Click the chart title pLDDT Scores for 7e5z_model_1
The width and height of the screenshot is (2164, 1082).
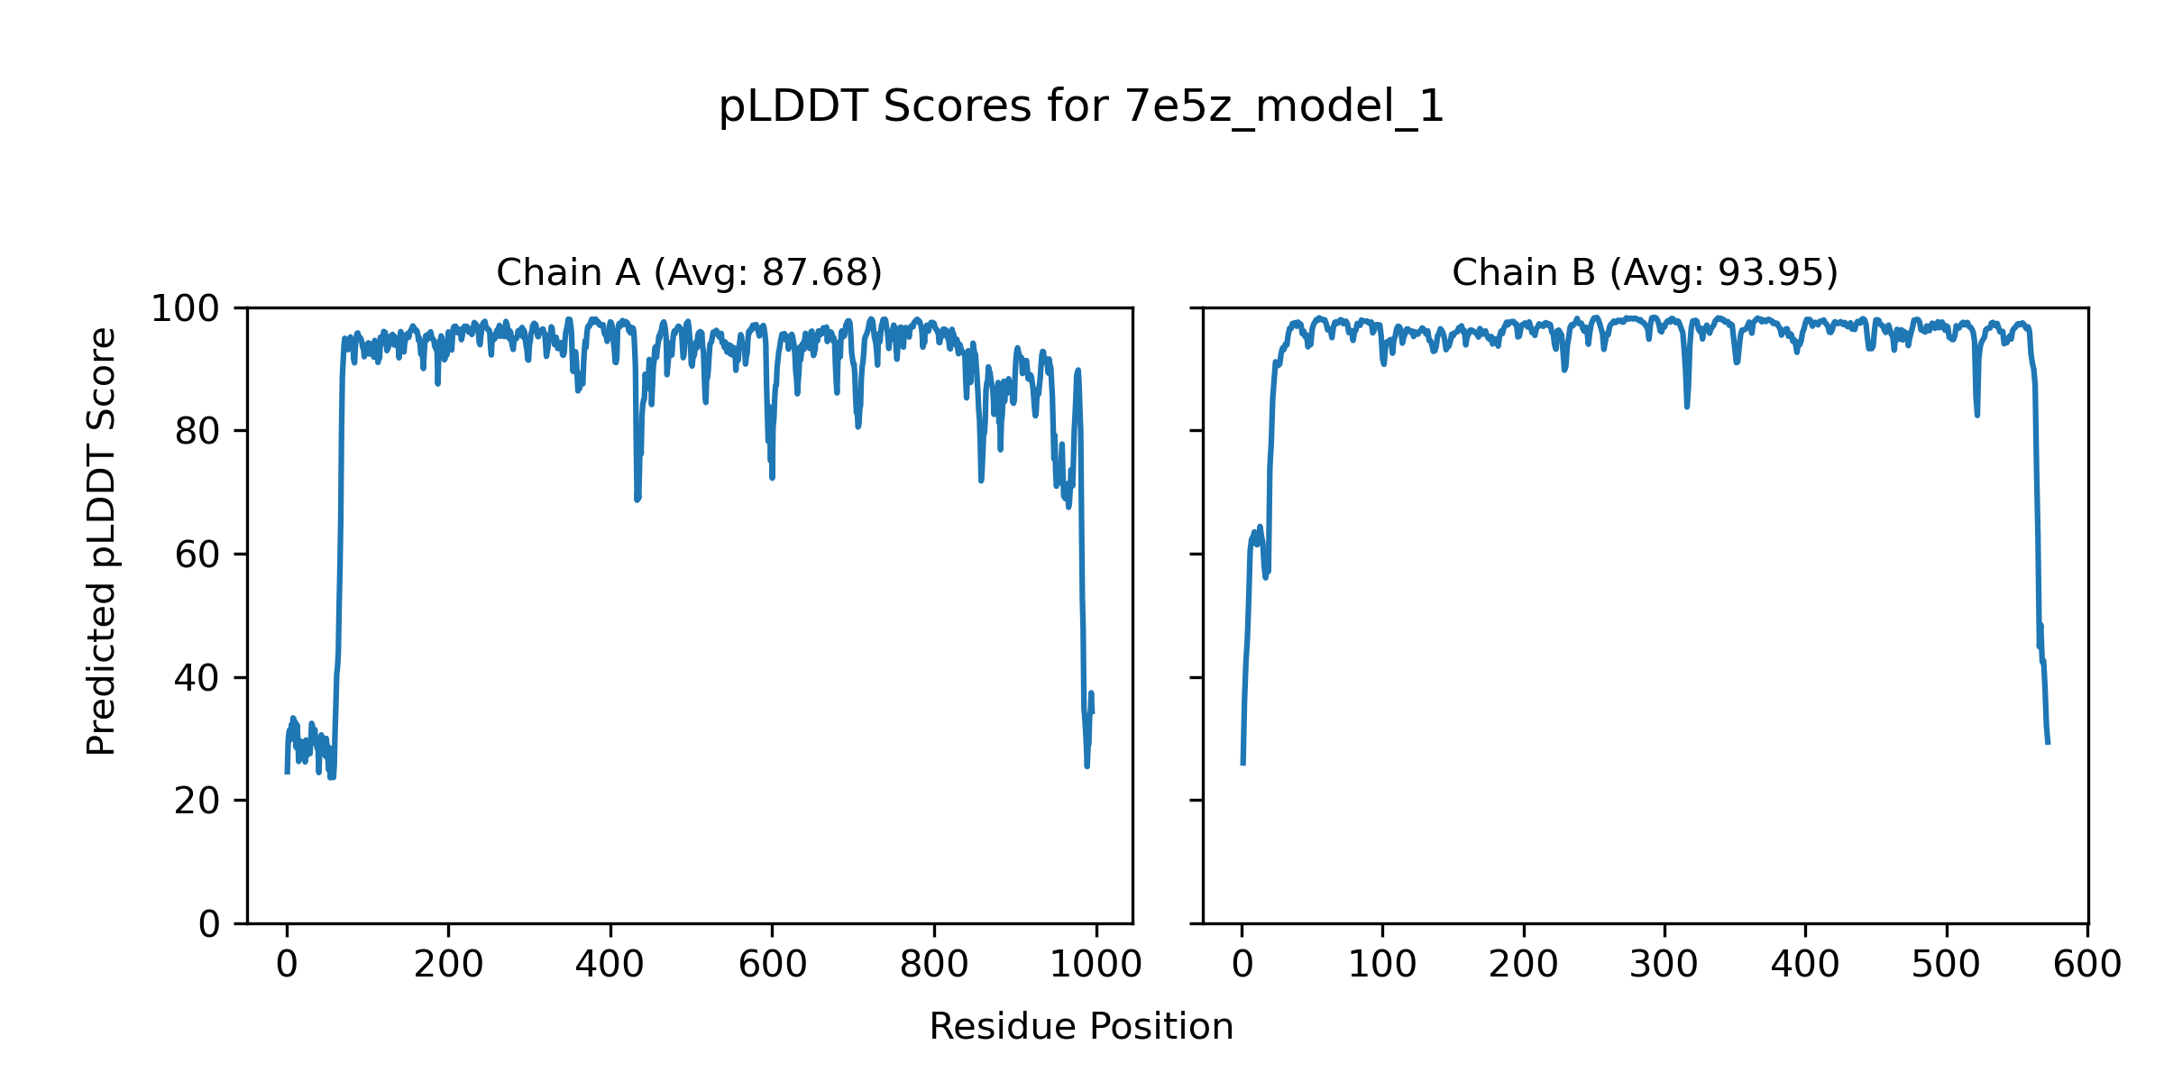pos(1081,107)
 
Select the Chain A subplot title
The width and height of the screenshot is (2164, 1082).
pos(689,272)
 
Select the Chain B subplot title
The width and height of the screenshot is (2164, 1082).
pos(1645,272)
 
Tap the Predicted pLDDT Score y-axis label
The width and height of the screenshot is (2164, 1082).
pos(101,541)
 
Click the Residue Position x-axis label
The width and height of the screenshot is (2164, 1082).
pos(1081,1027)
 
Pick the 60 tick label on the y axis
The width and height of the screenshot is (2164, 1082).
pos(197,555)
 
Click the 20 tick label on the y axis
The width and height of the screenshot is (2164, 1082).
pos(197,802)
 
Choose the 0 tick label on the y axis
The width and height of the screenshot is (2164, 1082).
pos(209,924)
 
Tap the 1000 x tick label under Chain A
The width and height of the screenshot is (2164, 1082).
pos(1096,965)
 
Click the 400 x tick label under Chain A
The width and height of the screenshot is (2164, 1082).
pos(610,965)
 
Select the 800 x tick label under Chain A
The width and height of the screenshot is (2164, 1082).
pos(934,965)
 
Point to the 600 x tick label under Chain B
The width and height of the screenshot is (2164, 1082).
pos(2086,965)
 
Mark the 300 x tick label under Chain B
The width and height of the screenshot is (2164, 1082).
pos(1664,965)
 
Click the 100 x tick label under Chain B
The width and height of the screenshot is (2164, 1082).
pos(1382,965)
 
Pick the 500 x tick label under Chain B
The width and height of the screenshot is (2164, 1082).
pos(1946,965)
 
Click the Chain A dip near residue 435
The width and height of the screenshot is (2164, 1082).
pos(637,496)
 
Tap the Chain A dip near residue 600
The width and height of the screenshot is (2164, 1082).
pos(772,474)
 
